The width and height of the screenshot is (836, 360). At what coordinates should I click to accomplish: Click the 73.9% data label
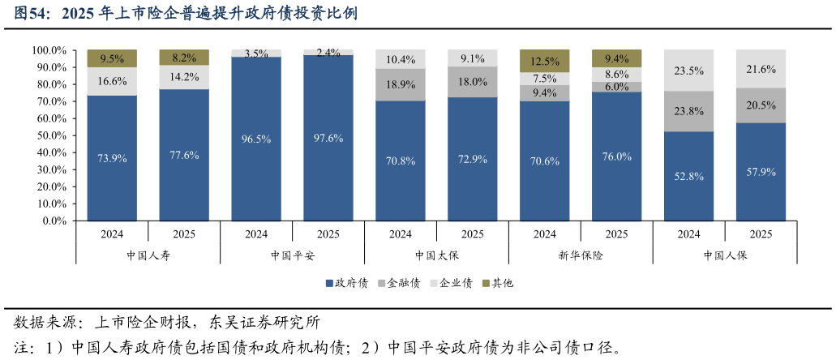tap(112, 159)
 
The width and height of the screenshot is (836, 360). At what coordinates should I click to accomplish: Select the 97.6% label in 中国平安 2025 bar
tap(328, 139)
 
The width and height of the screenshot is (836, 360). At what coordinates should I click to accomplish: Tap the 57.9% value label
tap(761, 172)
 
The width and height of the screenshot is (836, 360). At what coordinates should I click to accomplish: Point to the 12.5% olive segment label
tap(544, 62)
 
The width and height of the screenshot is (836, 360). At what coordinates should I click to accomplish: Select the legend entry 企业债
tap(451, 283)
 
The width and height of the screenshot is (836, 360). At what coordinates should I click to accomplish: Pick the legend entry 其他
tap(497, 283)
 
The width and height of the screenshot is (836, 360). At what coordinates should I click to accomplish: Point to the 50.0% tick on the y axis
tap(49, 135)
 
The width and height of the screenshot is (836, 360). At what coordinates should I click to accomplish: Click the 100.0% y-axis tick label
tap(47, 50)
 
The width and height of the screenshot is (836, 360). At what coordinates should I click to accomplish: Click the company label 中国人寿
tap(148, 255)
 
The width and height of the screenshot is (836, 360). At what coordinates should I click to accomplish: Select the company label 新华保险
tap(581, 255)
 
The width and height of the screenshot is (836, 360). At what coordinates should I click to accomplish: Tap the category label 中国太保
tap(436, 255)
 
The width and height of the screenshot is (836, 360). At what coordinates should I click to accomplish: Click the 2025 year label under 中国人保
tap(761, 234)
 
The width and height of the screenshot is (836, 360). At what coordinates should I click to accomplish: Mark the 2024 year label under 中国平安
tap(256, 234)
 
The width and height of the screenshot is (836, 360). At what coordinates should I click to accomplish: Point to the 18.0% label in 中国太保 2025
tap(473, 82)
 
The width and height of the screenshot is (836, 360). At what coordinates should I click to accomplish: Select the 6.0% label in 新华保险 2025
tap(616, 87)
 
